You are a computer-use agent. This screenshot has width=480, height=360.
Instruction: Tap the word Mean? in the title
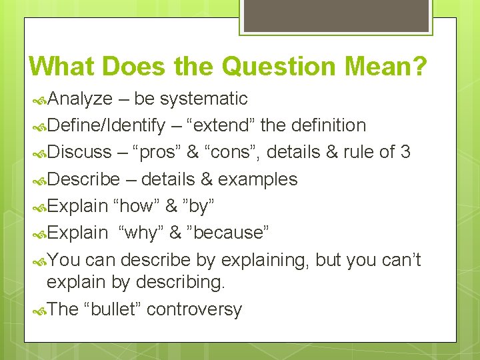[x=393, y=67]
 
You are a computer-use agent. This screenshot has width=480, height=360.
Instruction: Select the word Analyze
[x=80, y=99]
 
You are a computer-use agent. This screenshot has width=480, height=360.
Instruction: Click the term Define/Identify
[x=106, y=125]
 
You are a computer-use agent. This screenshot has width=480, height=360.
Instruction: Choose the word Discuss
[x=79, y=152]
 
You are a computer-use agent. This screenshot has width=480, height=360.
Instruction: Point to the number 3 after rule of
[x=405, y=152]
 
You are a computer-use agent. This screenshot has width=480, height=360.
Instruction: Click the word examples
[x=258, y=179]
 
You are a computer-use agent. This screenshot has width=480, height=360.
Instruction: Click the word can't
[x=400, y=260]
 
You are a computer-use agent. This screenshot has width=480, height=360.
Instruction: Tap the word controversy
[x=194, y=309]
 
